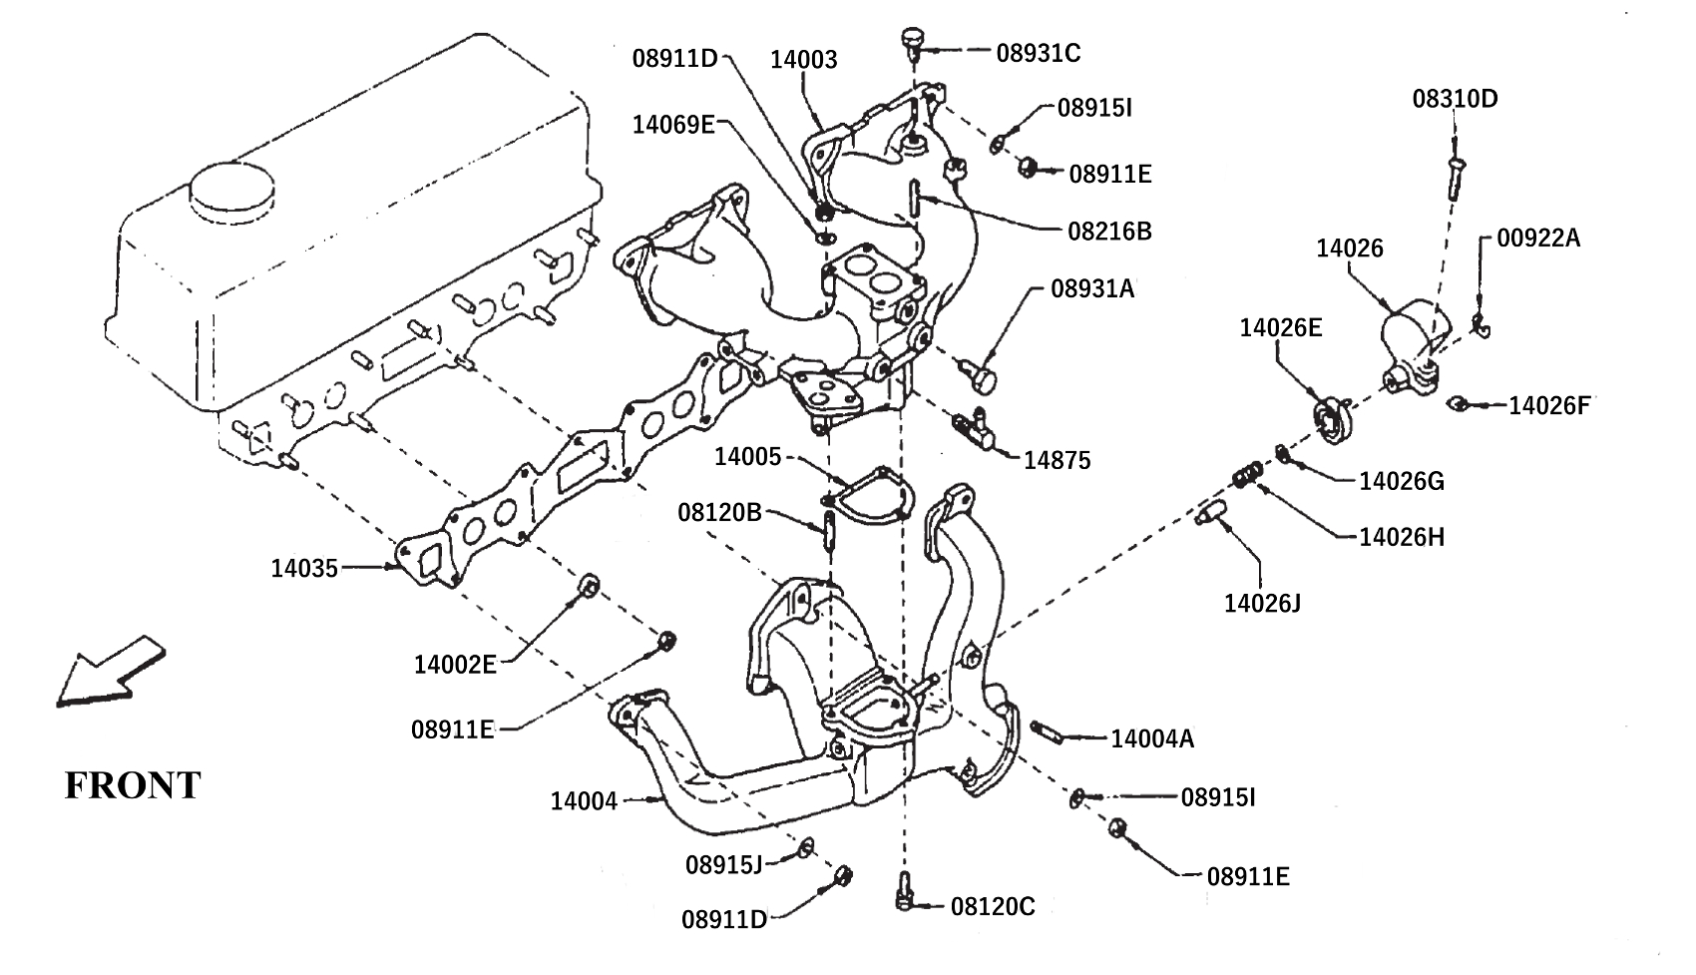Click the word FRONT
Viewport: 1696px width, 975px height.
point(133,785)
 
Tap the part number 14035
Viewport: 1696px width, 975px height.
point(304,568)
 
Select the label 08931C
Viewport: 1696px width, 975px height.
point(1038,52)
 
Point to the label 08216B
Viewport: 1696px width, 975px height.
point(1110,231)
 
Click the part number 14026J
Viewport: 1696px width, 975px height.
point(1262,603)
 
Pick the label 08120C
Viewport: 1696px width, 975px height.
point(993,906)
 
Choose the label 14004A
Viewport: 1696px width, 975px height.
point(1152,738)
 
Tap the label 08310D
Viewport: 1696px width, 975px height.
point(1456,99)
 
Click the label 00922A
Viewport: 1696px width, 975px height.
point(1538,238)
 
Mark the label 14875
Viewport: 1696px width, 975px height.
point(1057,460)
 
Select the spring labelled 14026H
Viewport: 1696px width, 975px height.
point(1247,475)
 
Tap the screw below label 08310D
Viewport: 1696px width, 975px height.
point(1456,178)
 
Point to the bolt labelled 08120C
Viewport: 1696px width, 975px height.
point(904,891)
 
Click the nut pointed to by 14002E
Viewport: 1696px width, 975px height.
point(589,586)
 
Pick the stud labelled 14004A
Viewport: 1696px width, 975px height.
point(1046,731)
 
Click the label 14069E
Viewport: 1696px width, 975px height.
point(673,124)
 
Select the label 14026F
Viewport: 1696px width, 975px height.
point(1550,405)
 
